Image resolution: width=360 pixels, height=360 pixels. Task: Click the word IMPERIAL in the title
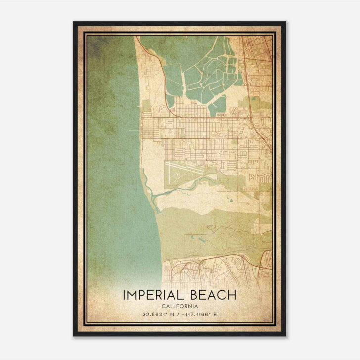click(x=153, y=295)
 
